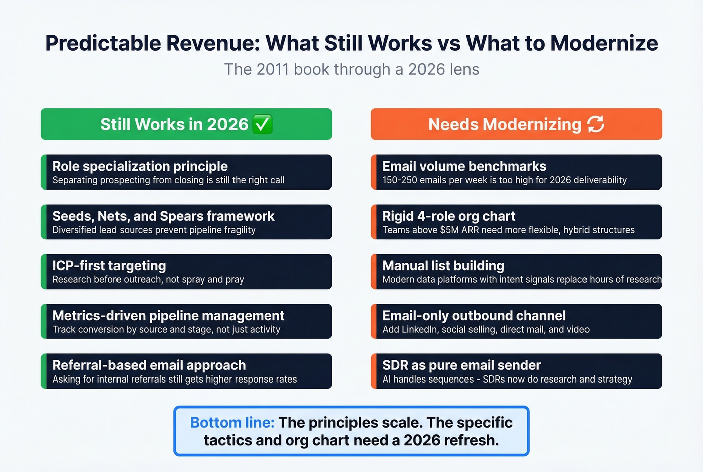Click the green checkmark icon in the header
262,124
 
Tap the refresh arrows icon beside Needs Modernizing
596,124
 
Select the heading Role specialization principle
140,166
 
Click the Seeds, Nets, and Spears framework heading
163,216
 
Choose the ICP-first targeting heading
109,266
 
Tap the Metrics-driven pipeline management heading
168,316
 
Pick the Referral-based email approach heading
149,365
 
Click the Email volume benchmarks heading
464,166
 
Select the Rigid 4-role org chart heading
448,216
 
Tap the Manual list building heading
443,266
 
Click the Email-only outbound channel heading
474,316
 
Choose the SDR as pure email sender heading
461,365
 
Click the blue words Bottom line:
232,423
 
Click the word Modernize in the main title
604,43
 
